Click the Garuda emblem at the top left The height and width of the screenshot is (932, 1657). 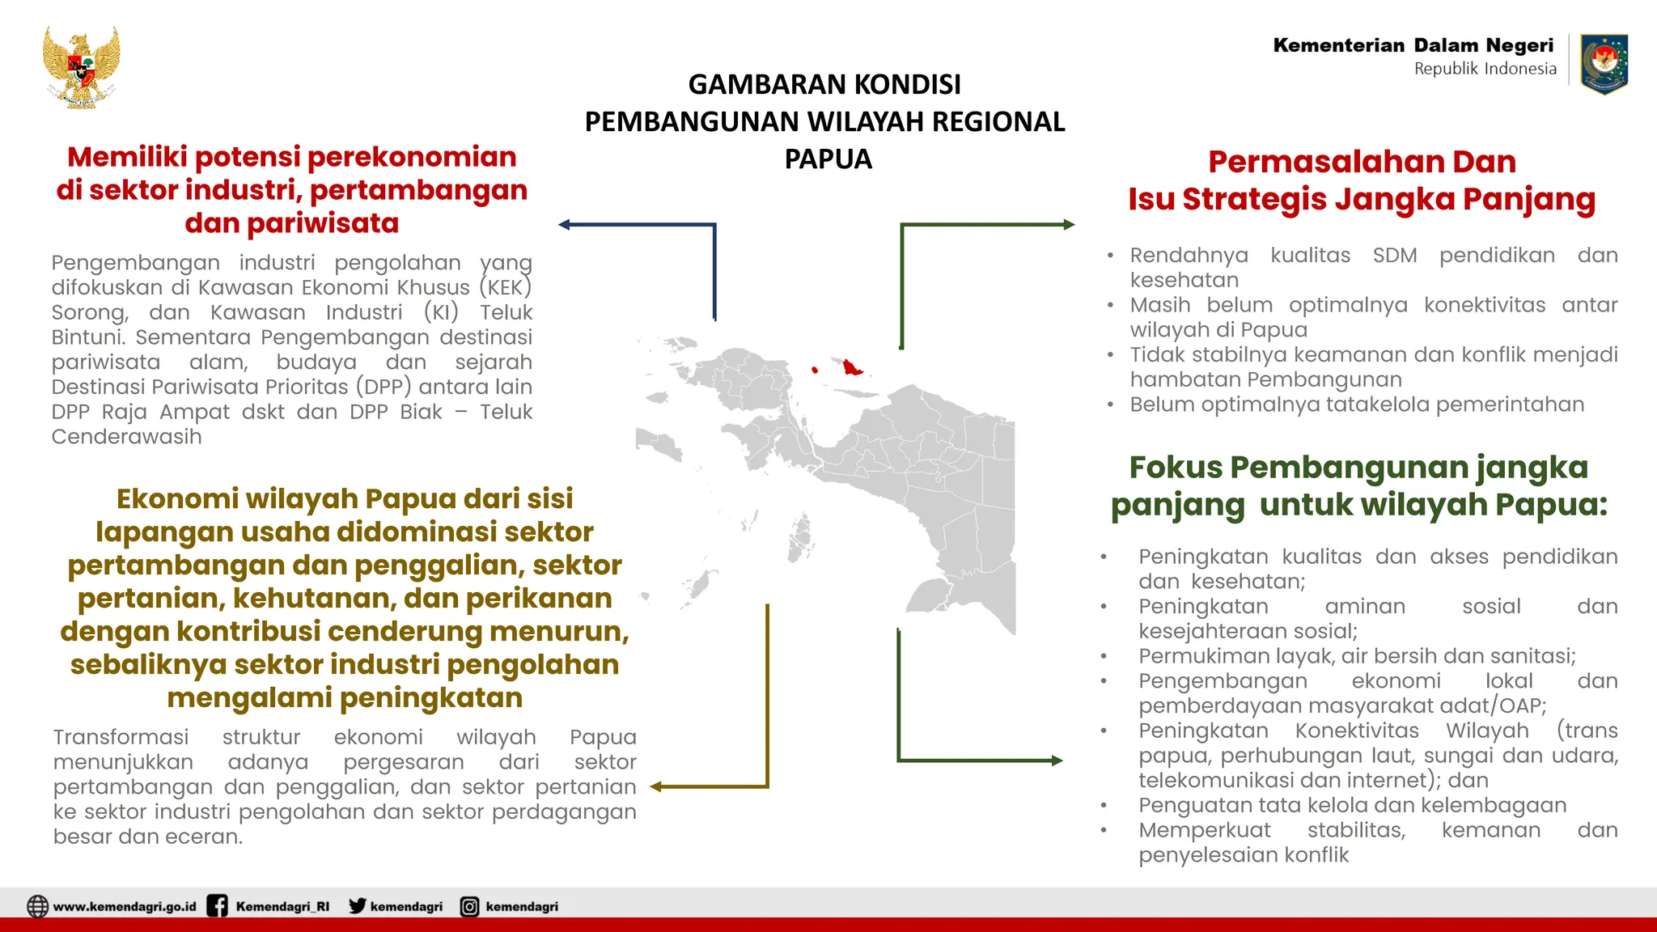pos(81,67)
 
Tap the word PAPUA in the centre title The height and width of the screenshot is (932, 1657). pos(828,159)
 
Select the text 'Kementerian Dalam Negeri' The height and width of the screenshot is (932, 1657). pos(1413,45)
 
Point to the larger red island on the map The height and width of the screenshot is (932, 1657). pos(851,367)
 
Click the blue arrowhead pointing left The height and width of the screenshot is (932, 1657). pos(565,225)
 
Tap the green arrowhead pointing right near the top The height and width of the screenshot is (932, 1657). pos(1069,225)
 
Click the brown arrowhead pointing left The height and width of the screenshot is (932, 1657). pos(656,786)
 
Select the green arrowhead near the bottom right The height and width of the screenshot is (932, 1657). pos(1056,760)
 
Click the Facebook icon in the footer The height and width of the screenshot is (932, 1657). pos(217,906)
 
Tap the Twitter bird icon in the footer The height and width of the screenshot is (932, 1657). pos(357,906)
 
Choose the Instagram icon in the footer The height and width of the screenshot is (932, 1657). pos(469,906)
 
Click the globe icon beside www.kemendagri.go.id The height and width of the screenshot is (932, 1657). pos(37,906)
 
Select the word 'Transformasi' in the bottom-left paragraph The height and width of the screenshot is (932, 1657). pos(121,737)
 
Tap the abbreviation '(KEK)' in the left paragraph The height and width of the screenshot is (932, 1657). pos(505,287)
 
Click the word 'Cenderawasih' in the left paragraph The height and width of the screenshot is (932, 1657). pos(126,437)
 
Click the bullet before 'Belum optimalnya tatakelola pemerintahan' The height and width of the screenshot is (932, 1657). pos(1111,405)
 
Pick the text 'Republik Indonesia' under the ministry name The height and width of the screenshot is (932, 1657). pos(1485,69)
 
